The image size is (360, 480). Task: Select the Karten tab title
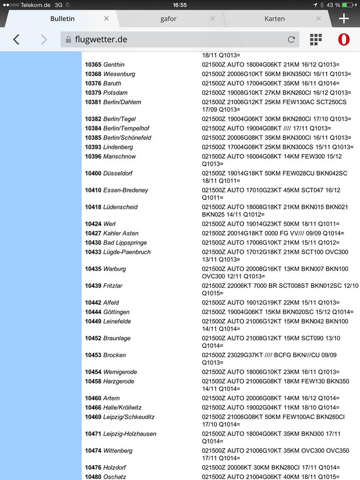point(274,19)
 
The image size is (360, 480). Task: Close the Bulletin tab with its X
point(106,19)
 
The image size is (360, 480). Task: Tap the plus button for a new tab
point(344,19)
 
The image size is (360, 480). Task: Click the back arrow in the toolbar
point(16,40)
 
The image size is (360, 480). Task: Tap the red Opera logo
point(344,40)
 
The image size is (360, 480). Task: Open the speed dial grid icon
point(316,40)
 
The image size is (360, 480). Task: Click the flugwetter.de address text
point(101,40)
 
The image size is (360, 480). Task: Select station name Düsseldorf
point(118,173)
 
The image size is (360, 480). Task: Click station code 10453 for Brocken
point(93,355)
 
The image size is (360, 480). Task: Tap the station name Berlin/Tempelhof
point(126,128)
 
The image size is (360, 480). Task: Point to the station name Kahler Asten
point(120,233)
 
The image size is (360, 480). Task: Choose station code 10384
point(93,128)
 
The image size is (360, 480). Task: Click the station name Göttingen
point(116,312)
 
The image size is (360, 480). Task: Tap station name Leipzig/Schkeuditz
point(128,417)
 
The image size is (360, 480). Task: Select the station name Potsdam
point(115,93)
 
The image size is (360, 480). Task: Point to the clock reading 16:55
point(180,5)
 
